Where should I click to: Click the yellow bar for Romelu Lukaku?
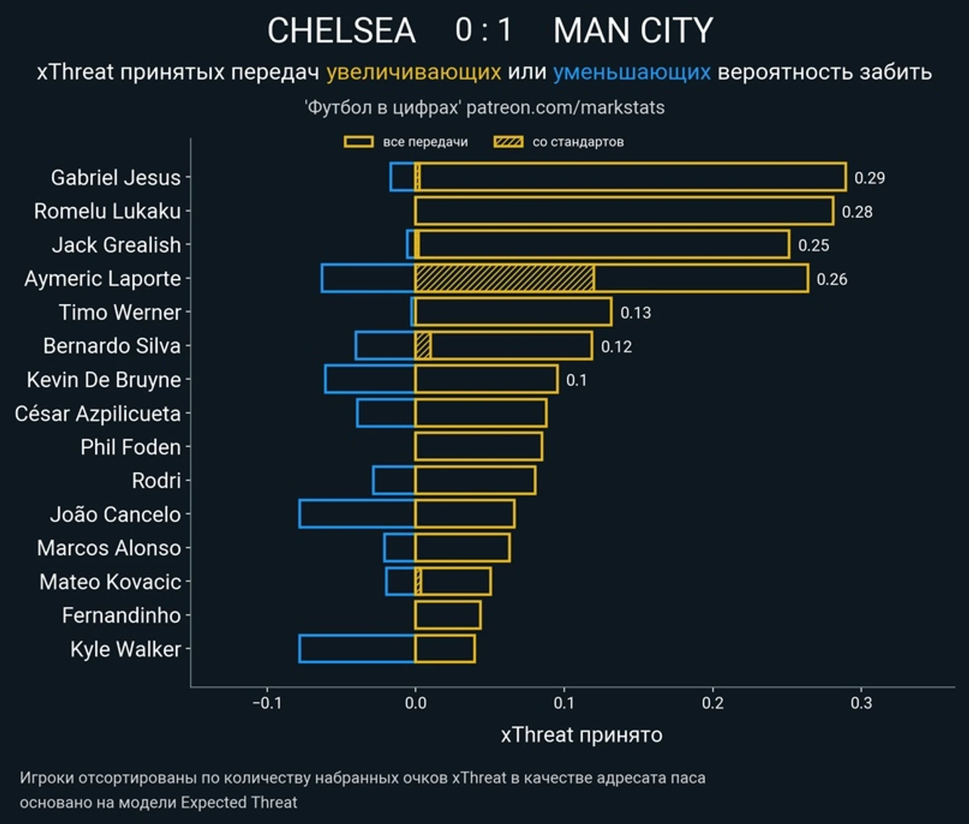point(624,211)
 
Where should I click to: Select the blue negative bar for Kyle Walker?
point(357,649)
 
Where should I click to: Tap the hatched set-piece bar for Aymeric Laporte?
point(504,278)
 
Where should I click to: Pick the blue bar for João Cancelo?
point(357,514)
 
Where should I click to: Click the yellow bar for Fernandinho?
point(447,615)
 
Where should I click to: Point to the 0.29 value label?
point(869,178)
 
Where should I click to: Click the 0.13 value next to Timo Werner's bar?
point(635,313)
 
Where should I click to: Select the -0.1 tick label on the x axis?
point(267,702)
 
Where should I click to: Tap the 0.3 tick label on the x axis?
point(861,702)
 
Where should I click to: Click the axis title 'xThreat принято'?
point(581,735)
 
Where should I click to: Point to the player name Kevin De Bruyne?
point(104,380)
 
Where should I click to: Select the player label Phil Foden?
point(130,447)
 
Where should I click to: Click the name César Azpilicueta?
point(98,414)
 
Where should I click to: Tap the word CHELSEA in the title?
point(341,31)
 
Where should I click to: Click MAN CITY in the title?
point(633,31)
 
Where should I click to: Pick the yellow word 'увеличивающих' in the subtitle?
point(413,72)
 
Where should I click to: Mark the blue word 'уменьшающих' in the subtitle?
point(632,72)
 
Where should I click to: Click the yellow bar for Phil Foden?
point(479,446)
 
